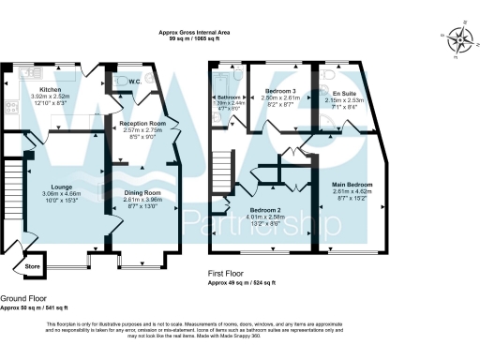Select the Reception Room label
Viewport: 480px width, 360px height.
[x=143, y=123]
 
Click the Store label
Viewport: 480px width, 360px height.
[x=33, y=264]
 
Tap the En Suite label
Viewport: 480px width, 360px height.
[x=344, y=94]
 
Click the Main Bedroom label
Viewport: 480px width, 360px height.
[x=353, y=186]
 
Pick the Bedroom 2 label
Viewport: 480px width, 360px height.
[x=264, y=210]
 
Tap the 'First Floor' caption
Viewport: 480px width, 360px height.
[x=229, y=274]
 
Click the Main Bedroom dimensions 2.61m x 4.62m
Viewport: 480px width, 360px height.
[x=353, y=192]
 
